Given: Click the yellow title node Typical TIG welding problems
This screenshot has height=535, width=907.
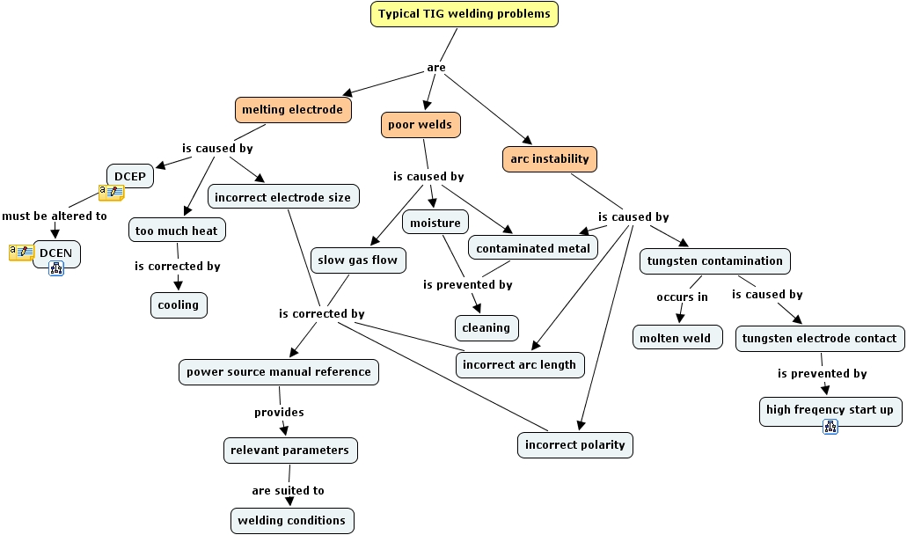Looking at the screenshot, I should click(464, 14).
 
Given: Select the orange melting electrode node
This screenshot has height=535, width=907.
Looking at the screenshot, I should click(292, 109).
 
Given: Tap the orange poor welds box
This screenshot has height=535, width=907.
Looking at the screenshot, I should click(420, 125).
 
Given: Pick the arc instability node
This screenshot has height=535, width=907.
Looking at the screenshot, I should click(550, 159).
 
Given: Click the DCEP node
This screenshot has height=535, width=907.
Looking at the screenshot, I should click(129, 176).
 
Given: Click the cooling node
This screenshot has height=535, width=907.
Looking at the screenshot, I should click(179, 305).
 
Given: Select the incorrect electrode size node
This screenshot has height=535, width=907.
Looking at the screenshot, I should click(282, 197).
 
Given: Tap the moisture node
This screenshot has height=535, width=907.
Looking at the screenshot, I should click(435, 223).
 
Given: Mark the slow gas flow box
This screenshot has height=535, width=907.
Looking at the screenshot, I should click(357, 260).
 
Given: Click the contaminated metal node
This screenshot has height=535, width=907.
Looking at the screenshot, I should click(533, 249).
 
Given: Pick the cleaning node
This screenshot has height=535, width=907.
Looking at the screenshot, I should click(486, 328).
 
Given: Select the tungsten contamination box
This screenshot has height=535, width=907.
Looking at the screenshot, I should click(714, 260).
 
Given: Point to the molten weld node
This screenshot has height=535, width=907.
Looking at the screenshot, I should click(676, 338).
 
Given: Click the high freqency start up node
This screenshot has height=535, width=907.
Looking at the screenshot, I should click(830, 410).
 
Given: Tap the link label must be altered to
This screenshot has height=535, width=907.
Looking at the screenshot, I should click(55, 216).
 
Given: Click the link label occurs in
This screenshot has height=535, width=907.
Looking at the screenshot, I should click(682, 297).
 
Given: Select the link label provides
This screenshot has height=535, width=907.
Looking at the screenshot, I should click(279, 412).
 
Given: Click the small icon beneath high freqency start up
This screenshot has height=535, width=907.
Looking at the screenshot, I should click(830, 427).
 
